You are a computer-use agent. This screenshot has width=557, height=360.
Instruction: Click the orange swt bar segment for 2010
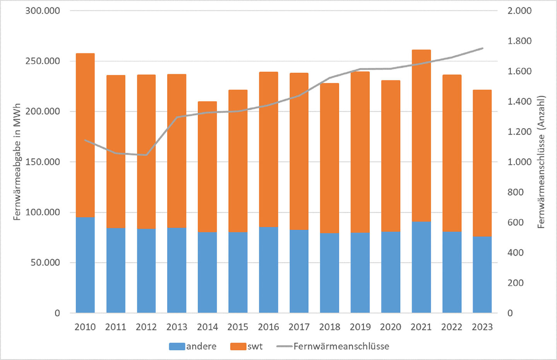85,135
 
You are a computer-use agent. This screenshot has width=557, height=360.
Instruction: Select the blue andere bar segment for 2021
421,267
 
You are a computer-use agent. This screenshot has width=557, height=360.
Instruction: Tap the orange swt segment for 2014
207,166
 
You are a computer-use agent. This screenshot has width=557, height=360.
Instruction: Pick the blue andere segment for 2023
482,274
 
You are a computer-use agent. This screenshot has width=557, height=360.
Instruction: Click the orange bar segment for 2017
299,151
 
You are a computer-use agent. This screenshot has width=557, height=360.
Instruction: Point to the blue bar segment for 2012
146,270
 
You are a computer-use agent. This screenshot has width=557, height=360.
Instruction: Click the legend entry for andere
193,346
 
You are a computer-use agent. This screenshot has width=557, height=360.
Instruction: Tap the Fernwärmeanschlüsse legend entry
333,346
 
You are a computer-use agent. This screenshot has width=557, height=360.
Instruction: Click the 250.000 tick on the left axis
43,61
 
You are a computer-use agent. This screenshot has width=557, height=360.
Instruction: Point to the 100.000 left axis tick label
43,212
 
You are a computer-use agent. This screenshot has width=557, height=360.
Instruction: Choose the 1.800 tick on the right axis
519,41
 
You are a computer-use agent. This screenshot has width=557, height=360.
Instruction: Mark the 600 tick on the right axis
516,222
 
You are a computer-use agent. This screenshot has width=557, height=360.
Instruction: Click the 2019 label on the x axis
360,327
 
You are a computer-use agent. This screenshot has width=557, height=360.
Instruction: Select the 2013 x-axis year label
177,327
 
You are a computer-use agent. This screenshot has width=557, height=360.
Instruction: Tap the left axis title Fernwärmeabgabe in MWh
17,162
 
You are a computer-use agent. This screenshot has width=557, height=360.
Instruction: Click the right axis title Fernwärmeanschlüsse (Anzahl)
541,162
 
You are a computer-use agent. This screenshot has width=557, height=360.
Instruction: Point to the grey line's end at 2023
482,48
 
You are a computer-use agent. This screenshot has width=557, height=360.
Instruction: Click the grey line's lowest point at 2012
146,155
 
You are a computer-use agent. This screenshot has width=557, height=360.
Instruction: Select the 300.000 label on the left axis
43,11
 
